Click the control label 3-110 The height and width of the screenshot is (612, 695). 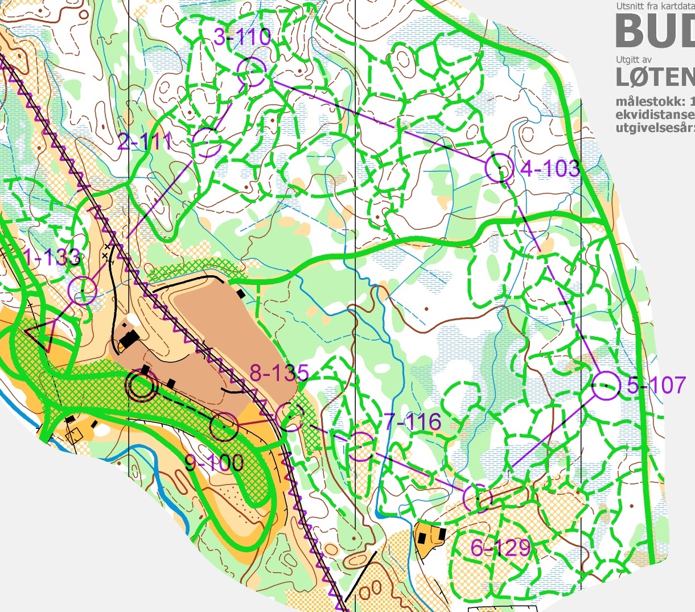click(242, 38)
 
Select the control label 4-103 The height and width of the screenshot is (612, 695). click(550, 168)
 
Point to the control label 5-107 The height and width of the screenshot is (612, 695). click(656, 385)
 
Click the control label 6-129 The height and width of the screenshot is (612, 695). click(500, 548)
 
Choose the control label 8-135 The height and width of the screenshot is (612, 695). click(279, 374)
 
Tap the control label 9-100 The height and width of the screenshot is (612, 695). click(214, 463)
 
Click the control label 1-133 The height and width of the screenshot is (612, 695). click(52, 258)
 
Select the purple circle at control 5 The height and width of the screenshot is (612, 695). click(606, 386)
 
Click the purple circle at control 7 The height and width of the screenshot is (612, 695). click(360, 446)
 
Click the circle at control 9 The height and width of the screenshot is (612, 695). click(224, 427)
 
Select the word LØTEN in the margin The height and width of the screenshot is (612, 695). click(655, 76)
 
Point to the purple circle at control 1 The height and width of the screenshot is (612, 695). click(83, 290)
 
